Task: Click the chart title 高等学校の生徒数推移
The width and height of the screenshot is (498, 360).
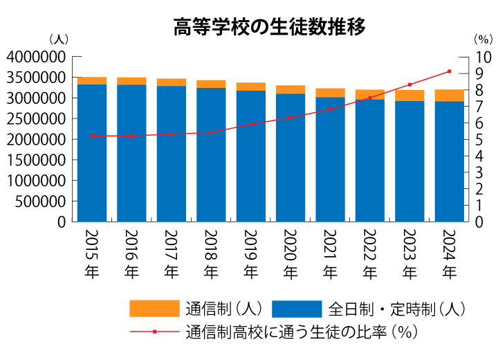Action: click(269, 27)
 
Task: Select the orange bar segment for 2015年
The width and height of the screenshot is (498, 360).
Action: click(91, 80)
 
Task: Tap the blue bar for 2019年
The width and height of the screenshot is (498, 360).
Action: click(251, 156)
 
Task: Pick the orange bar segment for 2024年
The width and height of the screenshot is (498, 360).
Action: click(450, 96)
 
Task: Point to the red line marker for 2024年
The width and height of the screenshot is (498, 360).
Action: click(450, 71)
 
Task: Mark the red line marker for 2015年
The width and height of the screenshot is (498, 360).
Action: click(91, 136)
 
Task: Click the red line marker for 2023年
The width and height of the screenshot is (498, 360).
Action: click(410, 84)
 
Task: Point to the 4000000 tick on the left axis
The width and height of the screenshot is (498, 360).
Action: click(36, 57)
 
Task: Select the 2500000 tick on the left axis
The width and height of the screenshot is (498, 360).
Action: click(36, 118)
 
